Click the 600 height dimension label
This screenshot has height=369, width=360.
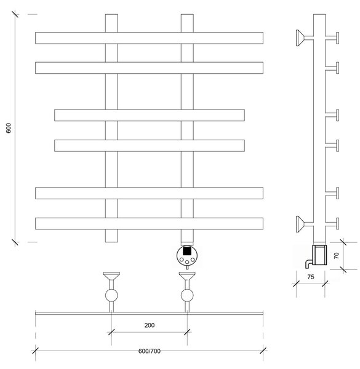pyautogui.click(x=9, y=128)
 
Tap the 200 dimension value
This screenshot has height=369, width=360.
pyautogui.click(x=150, y=325)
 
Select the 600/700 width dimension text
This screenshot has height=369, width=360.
pyautogui.click(x=150, y=351)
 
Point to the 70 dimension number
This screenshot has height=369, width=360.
pyautogui.click(x=337, y=256)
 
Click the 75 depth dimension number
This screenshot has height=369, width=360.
pyautogui.click(x=311, y=277)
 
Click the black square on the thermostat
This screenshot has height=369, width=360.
pyautogui.click(x=187, y=251)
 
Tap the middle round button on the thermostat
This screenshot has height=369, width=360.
pyautogui.click(x=187, y=262)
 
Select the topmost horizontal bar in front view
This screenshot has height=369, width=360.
pyautogui.click(x=149, y=38)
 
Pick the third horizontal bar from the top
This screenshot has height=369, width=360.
pyautogui.click(x=150, y=115)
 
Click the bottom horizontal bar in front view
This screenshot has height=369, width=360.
pyautogui.click(x=149, y=224)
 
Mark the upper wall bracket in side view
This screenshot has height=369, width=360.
pyautogui.click(x=304, y=38)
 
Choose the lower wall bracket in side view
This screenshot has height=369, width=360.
pyautogui.click(x=304, y=224)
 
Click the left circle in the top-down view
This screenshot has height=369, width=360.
pyautogui.click(x=111, y=295)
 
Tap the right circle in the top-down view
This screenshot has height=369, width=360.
pyautogui.click(x=187, y=295)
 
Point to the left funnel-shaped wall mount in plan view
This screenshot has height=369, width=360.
pyautogui.click(x=111, y=276)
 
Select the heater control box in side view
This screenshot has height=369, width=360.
pyautogui.click(x=319, y=255)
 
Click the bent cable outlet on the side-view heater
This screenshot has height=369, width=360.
pyautogui.click(x=308, y=264)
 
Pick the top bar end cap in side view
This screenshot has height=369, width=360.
pyautogui.click(x=337, y=38)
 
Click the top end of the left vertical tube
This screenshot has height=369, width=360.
pyautogui.click(x=111, y=14)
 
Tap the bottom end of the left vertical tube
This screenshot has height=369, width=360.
pyautogui.click(x=111, y=242)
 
